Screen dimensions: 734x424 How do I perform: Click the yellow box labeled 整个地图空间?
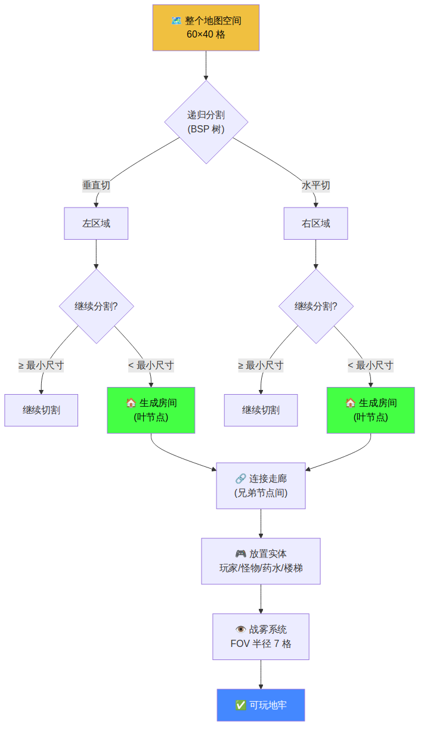pos(206,27)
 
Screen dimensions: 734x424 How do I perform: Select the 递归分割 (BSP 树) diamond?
pos(206,122)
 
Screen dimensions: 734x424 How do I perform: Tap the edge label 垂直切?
pos(96,185)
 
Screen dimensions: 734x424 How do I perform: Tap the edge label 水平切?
pos(315,185)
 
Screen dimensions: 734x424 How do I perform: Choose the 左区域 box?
pos(96,224)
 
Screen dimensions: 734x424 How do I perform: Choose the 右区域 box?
pos(315,224)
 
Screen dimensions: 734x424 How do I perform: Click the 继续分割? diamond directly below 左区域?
pos(96,306)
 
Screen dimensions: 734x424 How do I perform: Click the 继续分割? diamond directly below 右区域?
pos(315,306)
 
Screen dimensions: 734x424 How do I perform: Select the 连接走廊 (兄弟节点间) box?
pos(261,485)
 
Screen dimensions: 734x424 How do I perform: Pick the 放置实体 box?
pos(261,560)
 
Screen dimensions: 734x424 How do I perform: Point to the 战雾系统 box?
pos(261,636)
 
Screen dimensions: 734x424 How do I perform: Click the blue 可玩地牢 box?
pos(261,705)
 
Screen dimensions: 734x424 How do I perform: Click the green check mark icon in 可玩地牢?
pos(241,705)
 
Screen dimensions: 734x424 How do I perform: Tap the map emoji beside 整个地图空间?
pos(177,21)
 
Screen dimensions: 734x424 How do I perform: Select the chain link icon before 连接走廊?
pos(241,478)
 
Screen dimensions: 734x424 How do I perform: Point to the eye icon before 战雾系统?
pos(241,630)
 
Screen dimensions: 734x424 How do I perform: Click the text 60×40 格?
pos(206,35)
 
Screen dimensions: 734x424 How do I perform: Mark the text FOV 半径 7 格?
pos(261,644)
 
